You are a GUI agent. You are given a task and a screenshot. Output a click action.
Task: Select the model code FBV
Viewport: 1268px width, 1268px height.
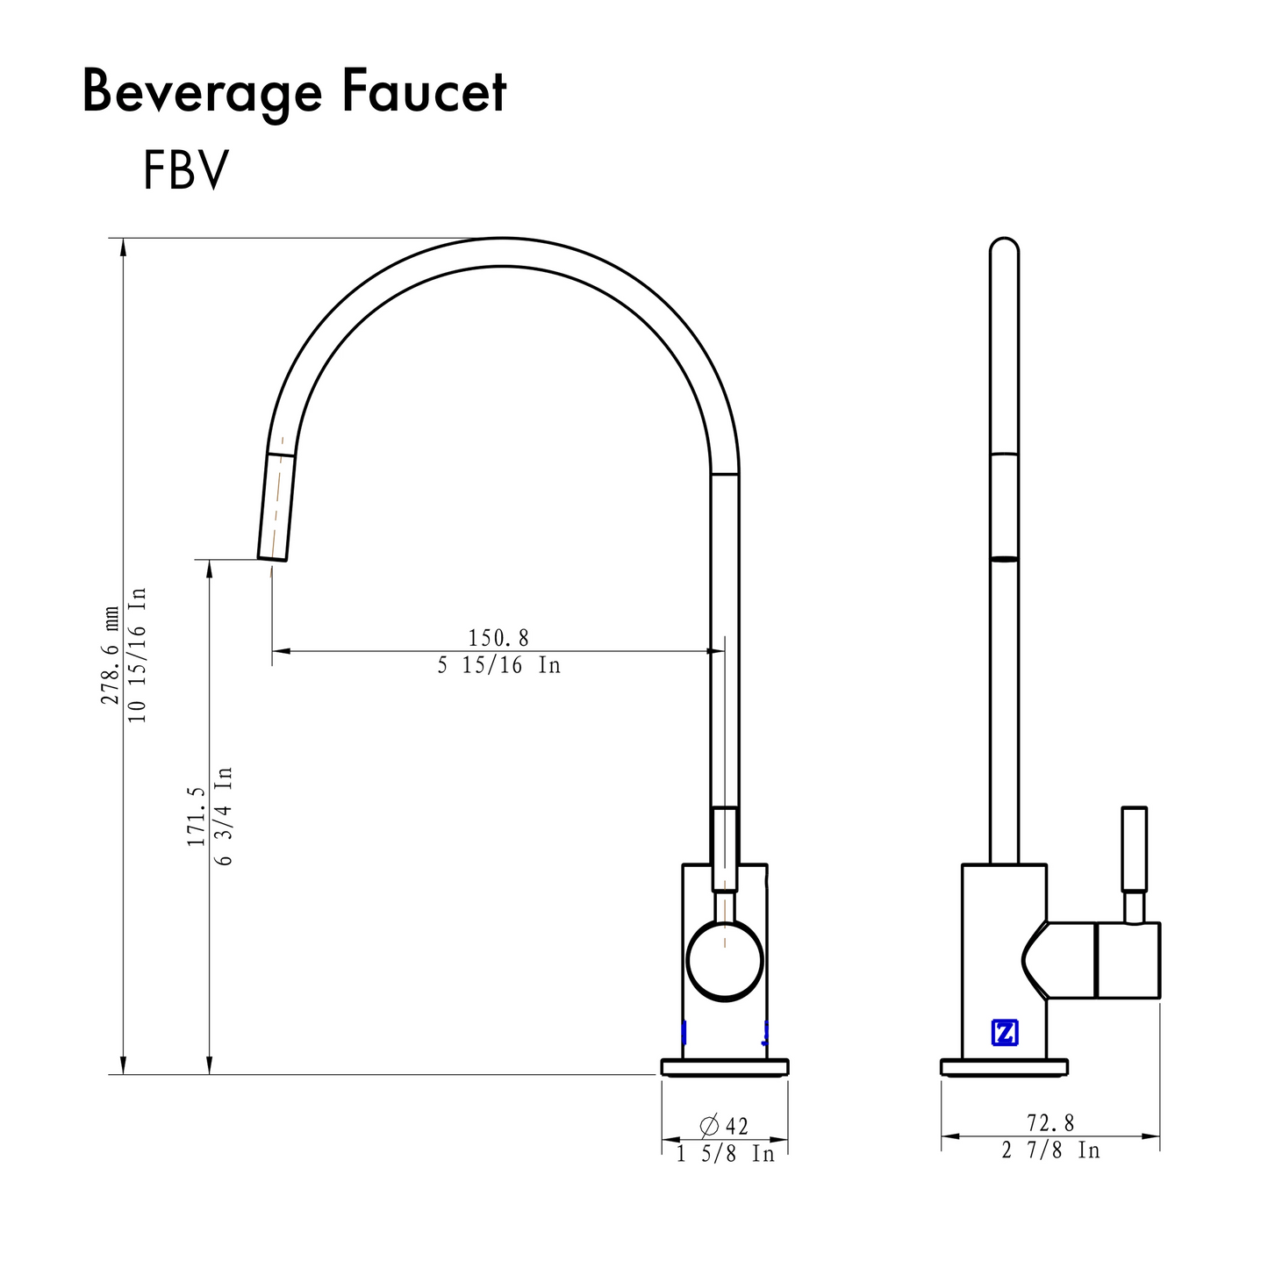(185, 170)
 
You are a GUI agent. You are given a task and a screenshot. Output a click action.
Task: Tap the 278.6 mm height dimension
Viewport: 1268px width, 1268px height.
(111, 655)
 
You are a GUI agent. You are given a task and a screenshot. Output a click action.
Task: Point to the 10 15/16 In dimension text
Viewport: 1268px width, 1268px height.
(139, 655)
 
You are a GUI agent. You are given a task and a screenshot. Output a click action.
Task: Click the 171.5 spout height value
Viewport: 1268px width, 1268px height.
(196, 816)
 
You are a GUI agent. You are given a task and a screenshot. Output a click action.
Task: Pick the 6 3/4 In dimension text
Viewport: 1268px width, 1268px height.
(224, 816)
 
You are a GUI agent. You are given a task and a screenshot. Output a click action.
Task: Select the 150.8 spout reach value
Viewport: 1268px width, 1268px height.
(498, 638)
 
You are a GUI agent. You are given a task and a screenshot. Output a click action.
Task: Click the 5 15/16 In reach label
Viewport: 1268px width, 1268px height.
(498, 666)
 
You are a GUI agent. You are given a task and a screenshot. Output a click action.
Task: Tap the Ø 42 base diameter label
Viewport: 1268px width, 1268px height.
(724, 1125)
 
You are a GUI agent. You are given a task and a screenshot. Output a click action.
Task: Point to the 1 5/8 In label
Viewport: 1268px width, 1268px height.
(725, 1154)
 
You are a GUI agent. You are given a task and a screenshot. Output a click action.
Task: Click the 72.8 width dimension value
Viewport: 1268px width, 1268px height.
(1050, 1123)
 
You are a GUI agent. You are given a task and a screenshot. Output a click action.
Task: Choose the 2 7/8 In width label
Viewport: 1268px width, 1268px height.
(1050, 1150)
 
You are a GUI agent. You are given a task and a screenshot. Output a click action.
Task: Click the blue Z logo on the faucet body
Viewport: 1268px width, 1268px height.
(1004, 1033)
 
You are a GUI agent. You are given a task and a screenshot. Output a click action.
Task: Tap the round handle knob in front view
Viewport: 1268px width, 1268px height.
(725, 961)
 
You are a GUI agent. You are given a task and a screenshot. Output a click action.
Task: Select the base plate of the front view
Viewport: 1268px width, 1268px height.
(725, 1067)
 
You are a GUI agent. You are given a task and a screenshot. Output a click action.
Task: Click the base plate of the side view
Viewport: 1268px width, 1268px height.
(1004, 1067)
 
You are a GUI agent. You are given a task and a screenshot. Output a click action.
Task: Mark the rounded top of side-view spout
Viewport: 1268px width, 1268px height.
(1004, 245)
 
